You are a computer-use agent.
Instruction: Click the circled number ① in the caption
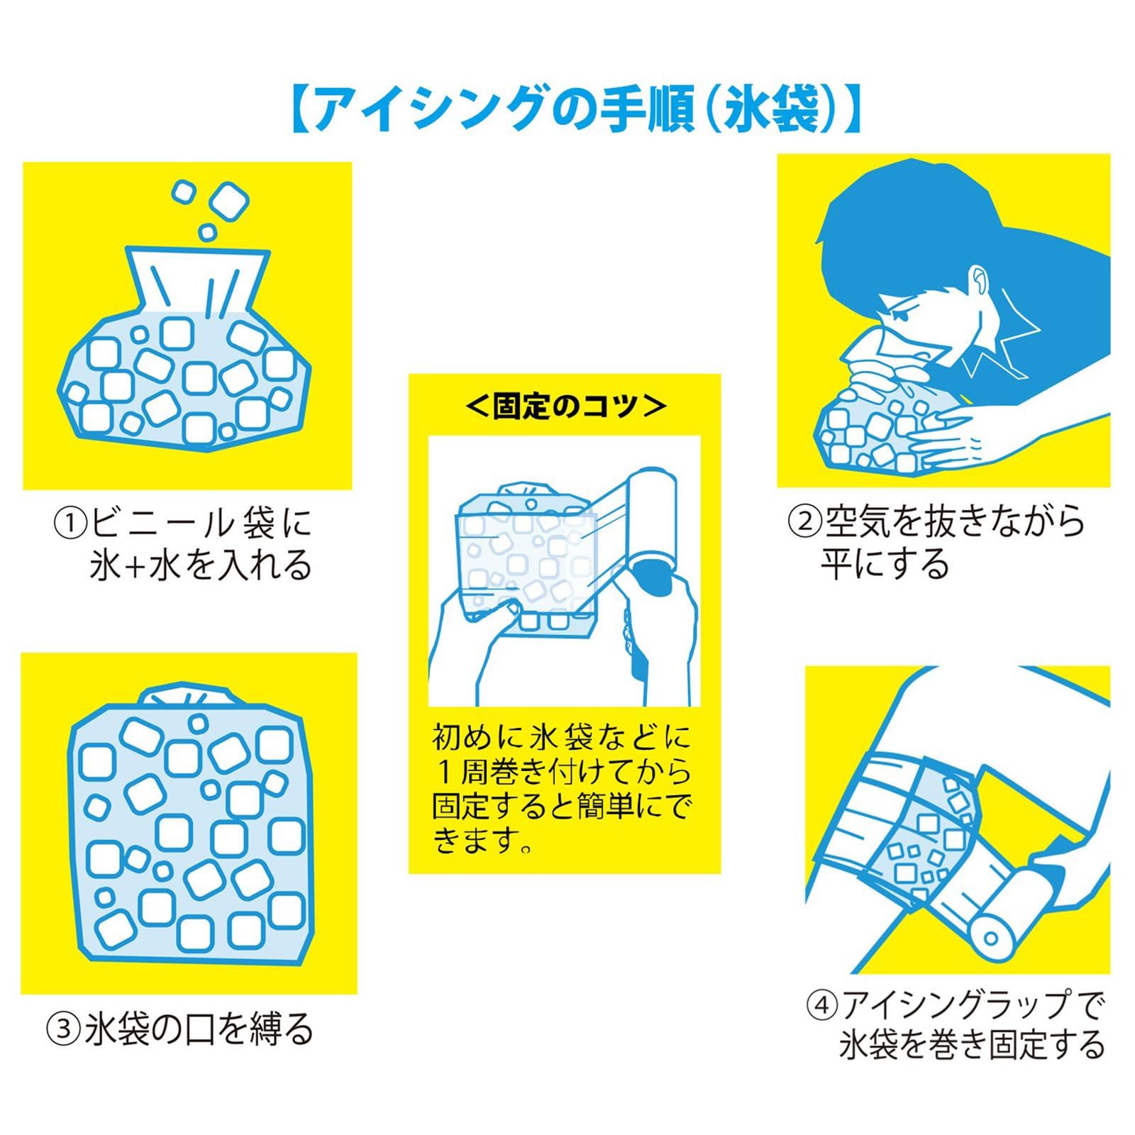70,524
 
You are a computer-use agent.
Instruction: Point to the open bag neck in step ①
198,280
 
